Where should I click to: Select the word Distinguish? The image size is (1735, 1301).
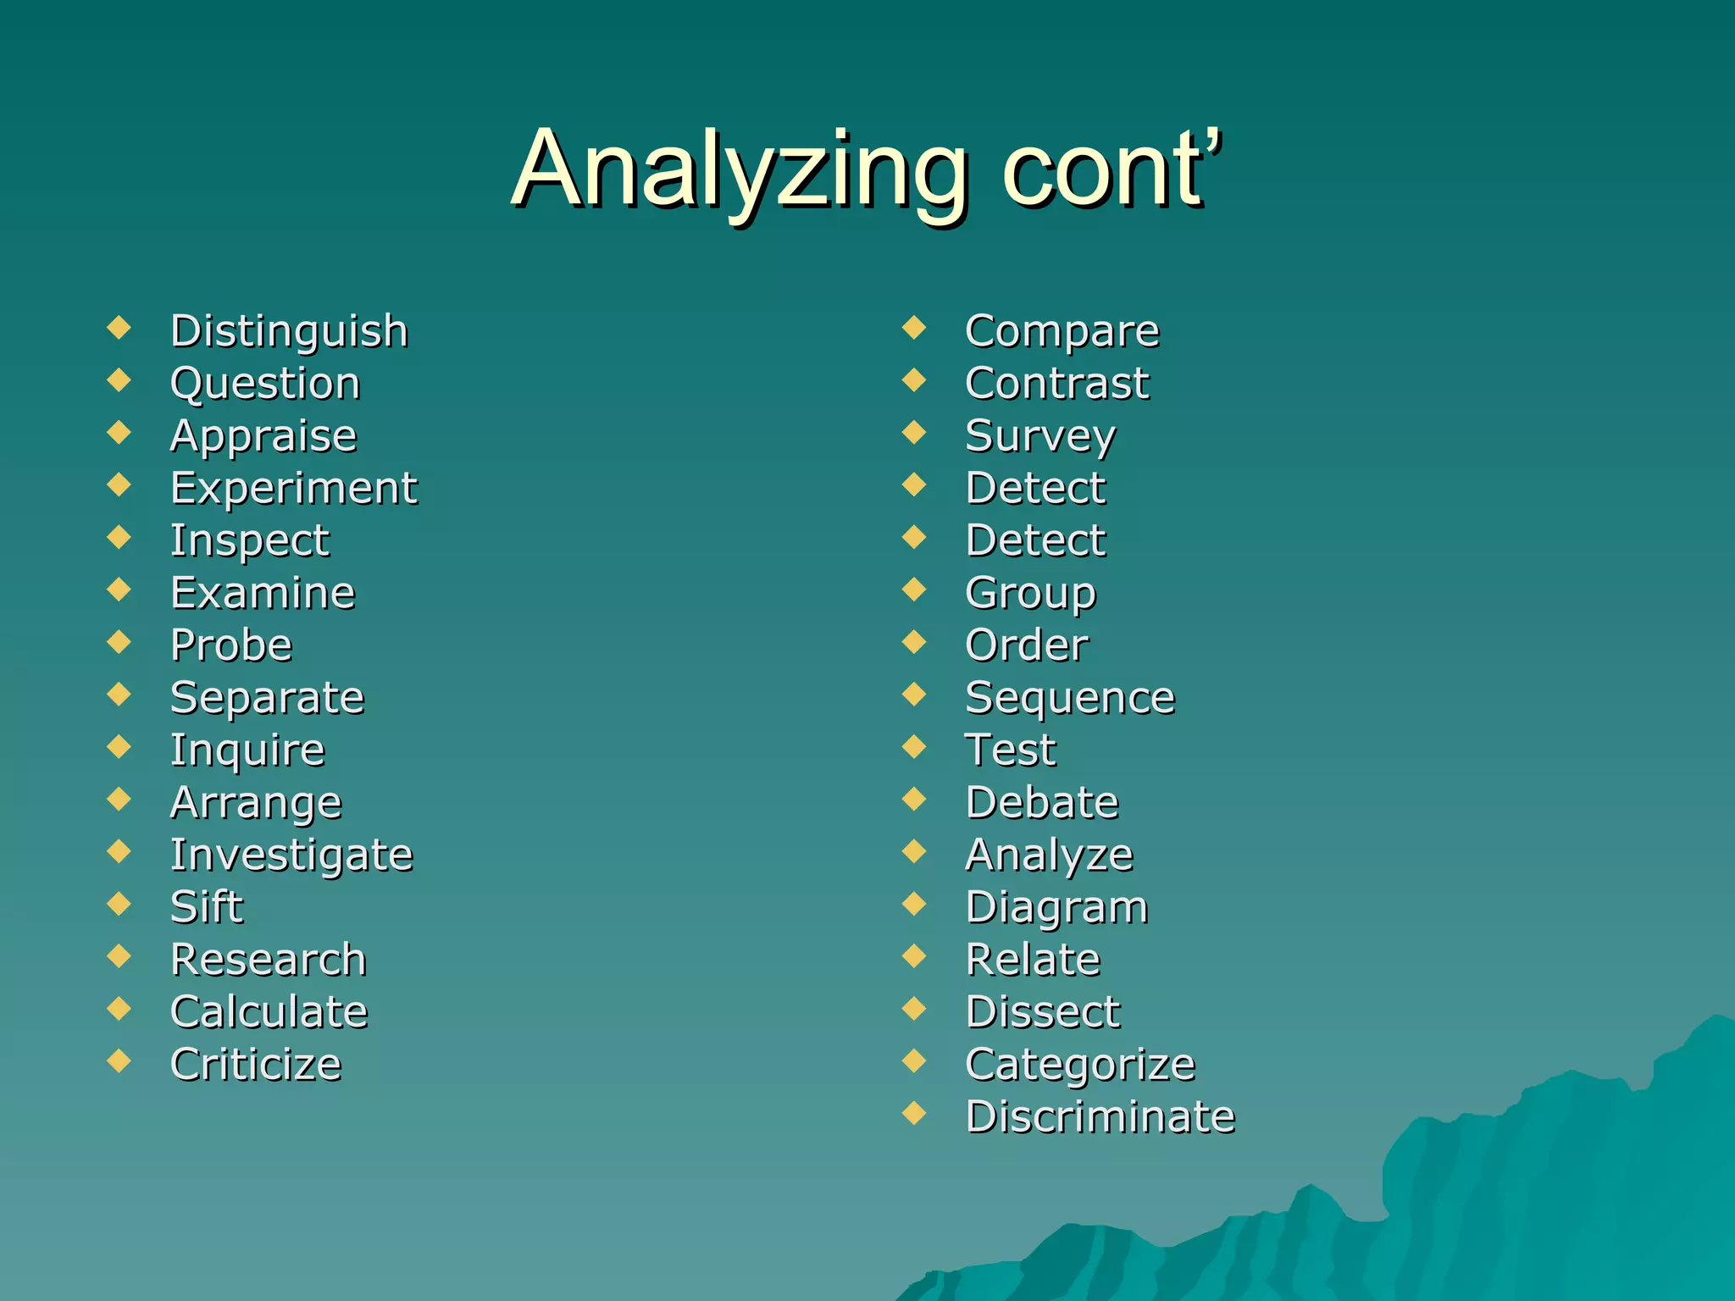coord(289,331)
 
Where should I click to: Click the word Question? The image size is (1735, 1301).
coord(265,384)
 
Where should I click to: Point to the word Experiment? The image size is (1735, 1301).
coord(294,489)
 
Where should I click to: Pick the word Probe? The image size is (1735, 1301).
coord(231,645)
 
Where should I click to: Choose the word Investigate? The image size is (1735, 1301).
coord(291,855)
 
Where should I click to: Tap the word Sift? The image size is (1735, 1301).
coord(207,907)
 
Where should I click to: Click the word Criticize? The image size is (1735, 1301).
coord(256,1065)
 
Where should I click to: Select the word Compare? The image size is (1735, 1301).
coord(1062,331)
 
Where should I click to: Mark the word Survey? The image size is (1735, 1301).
coord(1040,436)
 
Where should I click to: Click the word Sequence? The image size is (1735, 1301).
coord(1070,698)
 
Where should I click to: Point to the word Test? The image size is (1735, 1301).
coord(1011,750)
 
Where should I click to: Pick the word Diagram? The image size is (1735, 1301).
coord(1056,907)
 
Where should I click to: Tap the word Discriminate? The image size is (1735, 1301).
coord(1100,1116)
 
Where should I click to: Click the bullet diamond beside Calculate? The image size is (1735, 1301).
coord(119,1008)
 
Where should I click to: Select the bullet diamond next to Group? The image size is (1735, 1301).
coord(914,589)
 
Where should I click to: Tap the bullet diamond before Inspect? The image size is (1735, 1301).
coord(119,536)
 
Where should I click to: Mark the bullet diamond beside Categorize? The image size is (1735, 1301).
coord(914,1060)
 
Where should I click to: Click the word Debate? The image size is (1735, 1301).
coord(1042,802)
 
